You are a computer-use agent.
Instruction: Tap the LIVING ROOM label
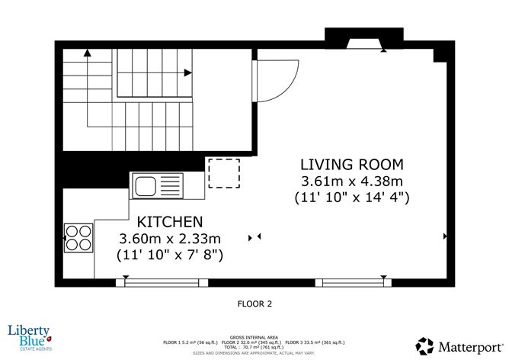(x=351, y=165)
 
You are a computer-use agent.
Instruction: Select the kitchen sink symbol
(x=158, y=185)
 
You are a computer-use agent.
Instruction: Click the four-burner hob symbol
(x=76, y=236)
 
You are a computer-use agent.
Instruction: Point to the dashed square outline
(x=224, y=173)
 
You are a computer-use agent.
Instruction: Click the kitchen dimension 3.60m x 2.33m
(x=170, y=238)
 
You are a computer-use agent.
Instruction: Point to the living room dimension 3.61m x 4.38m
(x=351, y=182)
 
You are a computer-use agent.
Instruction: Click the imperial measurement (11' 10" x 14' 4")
(x=351, y=198)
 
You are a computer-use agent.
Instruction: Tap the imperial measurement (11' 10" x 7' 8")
(x=170, y=254)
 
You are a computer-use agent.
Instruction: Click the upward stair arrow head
(x=87, y=53)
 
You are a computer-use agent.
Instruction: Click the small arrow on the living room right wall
(x=445, y=237)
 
